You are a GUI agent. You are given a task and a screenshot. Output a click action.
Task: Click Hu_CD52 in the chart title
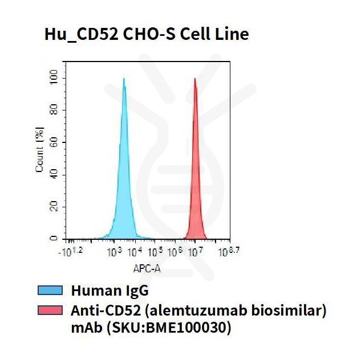82,35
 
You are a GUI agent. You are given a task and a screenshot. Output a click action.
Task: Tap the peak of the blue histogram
123,79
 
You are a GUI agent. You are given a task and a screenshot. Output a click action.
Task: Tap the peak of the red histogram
195,79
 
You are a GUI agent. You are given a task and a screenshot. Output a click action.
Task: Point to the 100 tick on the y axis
54,77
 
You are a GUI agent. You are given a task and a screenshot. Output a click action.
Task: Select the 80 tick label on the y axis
54,110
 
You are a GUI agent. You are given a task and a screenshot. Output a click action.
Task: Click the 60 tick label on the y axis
54,142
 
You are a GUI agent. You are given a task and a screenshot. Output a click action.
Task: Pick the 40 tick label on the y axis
54,174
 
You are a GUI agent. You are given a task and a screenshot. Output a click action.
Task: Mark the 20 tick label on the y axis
54,206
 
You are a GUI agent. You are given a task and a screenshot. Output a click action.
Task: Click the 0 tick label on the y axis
54,238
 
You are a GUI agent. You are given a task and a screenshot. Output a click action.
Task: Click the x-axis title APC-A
145,267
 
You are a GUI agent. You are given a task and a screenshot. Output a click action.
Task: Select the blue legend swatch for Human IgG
50,291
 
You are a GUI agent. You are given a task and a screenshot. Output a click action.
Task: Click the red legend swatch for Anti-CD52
50,310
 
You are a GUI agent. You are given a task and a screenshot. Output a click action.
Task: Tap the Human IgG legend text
109,291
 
